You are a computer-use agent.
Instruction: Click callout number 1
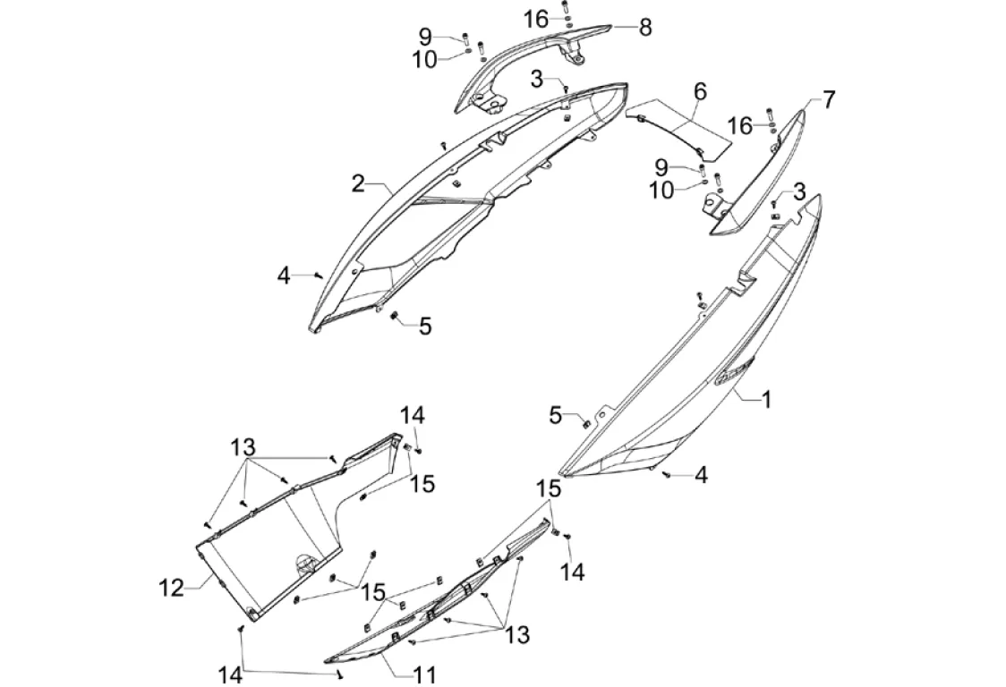point(766,400)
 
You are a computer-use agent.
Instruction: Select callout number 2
point(358,183)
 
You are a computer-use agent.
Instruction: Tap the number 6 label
point(700,90)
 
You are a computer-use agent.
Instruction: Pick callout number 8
point(645,27)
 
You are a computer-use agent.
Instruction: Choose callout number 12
point(171,588)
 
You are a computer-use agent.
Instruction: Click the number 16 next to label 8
point(535,20)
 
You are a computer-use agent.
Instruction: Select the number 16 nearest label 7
point(739,125)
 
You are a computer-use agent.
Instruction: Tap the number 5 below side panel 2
point(425,327)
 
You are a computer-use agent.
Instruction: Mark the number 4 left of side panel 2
point(283,276)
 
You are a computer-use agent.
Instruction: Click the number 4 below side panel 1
point(702,475)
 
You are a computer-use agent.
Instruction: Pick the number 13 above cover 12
point(243,446)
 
